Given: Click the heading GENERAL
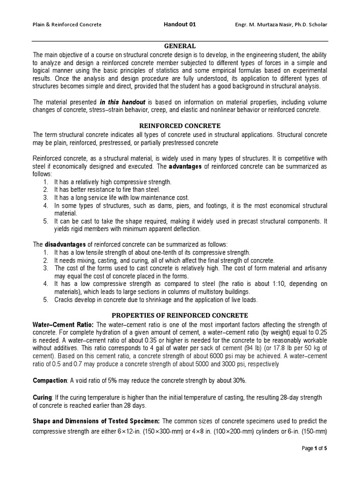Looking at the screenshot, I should (180, 46).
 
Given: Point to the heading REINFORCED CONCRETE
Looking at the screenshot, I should (180, 126).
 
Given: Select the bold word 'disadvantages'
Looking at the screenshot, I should (65, 244).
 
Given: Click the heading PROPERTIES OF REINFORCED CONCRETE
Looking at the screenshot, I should (180, 315).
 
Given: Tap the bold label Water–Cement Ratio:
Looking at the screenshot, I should (63, 325).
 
